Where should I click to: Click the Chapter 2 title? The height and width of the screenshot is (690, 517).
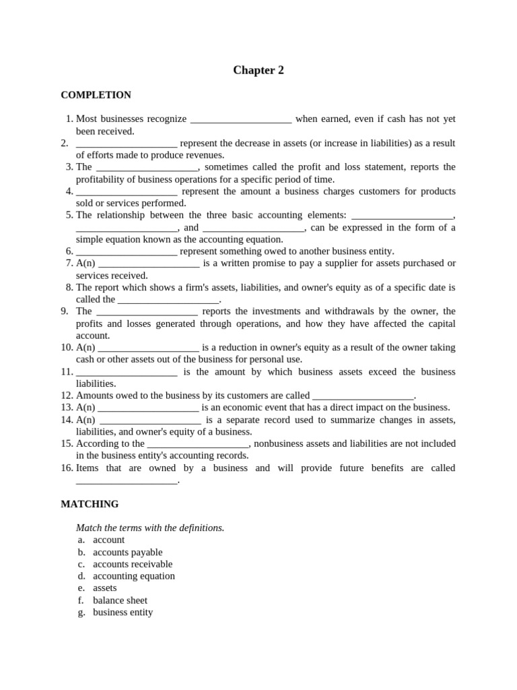[258, 70]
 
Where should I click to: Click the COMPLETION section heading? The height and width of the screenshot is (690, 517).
[96, 95]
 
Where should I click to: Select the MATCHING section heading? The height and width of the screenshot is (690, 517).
[90, 504]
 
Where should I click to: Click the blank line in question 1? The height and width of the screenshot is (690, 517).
[241, 120]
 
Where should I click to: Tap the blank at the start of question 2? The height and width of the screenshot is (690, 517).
[127, 144]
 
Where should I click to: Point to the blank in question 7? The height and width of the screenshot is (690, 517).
[149, 264]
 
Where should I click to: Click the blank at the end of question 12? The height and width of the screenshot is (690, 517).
[364, 396]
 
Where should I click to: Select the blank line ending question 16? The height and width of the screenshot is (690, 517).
[127, 481]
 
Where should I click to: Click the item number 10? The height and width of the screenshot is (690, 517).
[66, 348]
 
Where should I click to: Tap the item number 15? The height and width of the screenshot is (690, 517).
[66, 444]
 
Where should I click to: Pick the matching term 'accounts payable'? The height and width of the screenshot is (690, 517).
[127, 553]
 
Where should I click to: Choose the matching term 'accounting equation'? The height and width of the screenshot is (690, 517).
[133, 576]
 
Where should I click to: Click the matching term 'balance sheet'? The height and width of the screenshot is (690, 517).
[120, 600]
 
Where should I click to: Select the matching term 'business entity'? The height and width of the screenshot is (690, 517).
[123, 613]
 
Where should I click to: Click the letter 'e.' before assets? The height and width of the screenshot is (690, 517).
[81, 588]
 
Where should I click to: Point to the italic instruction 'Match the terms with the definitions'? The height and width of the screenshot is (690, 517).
[150, 528]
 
